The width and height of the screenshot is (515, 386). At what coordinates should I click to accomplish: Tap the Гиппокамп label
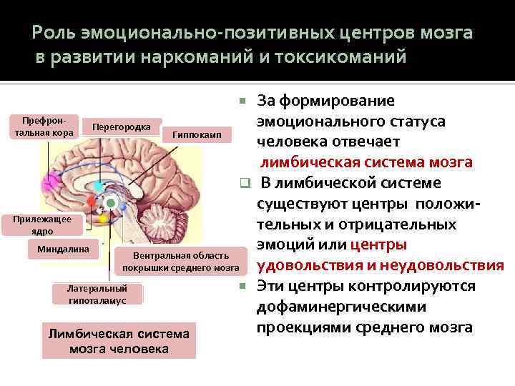(197, 134)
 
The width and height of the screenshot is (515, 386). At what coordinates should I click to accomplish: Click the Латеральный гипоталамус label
(97, 295)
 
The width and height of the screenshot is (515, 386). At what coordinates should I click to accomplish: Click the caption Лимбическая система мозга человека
(119, 341)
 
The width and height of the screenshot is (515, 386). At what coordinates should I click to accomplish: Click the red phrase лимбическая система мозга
(366, 162)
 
